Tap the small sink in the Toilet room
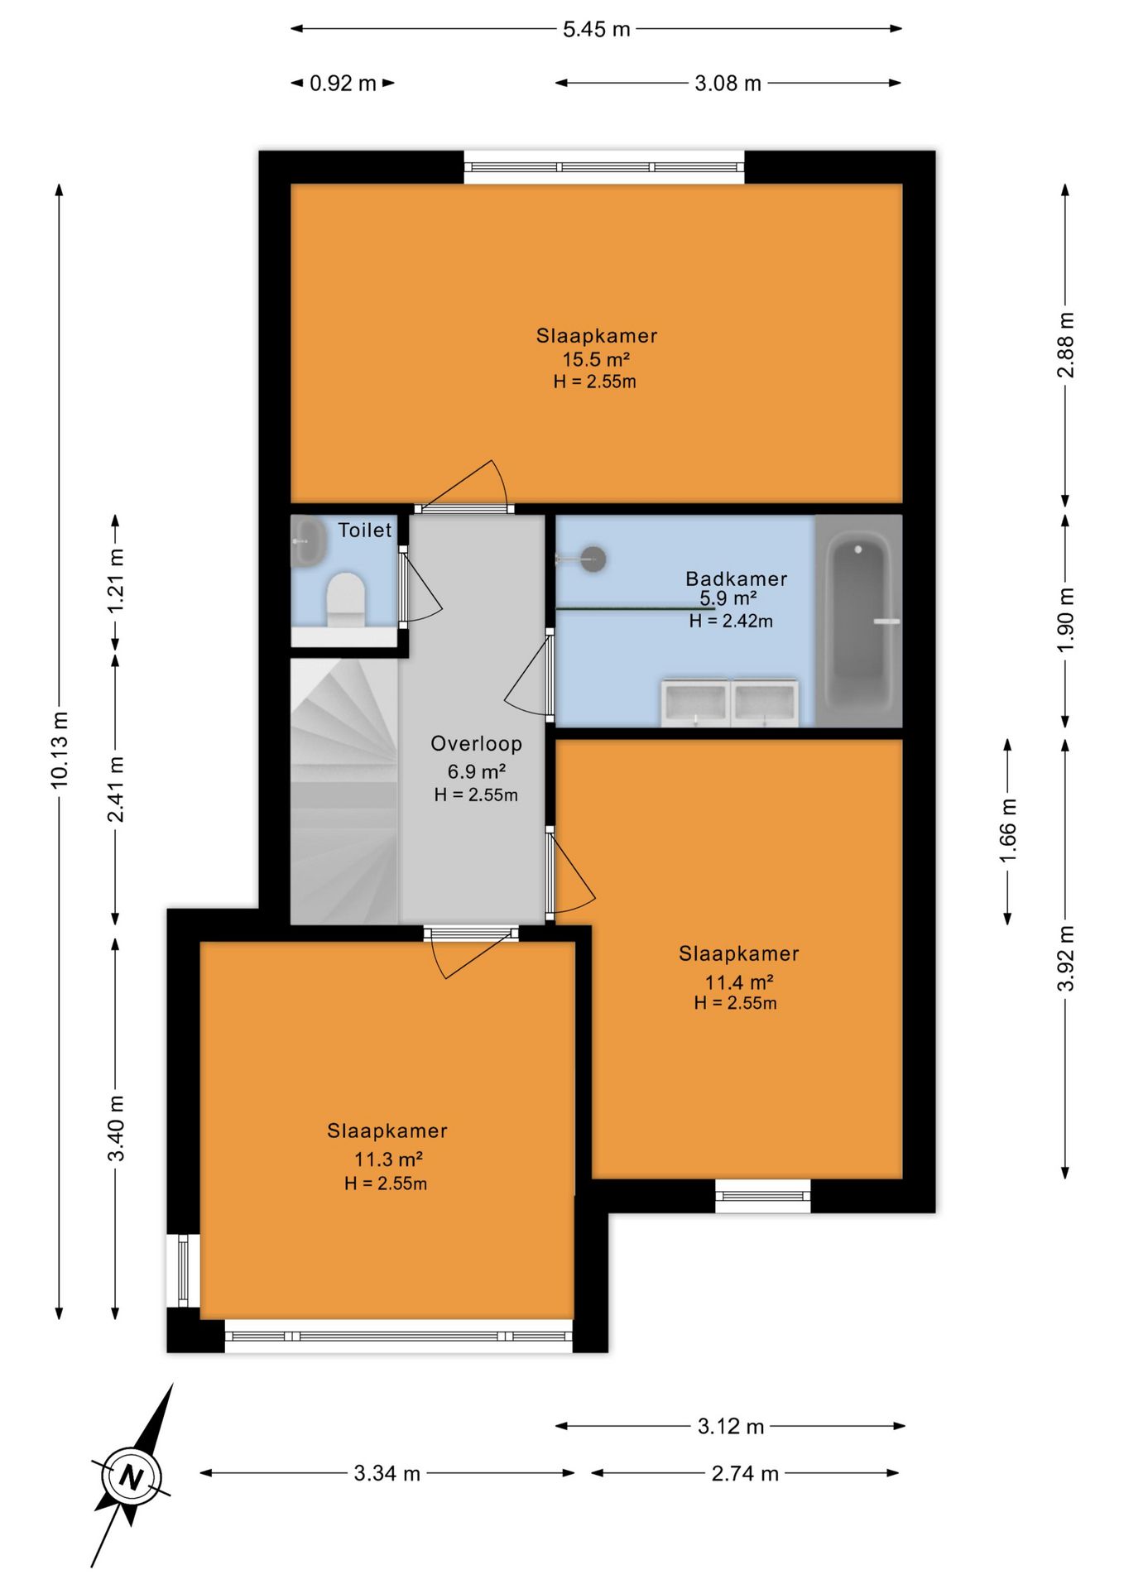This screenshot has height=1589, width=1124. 306,542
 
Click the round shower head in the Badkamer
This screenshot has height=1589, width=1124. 593,559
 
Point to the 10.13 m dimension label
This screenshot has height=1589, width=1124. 60,750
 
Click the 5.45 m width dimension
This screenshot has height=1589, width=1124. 597,30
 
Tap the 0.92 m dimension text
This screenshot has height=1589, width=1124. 343,84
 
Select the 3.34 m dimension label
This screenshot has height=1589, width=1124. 387,1473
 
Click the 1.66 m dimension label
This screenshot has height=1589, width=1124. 1007,830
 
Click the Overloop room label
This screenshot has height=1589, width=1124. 477,743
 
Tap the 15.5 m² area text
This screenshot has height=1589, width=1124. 596,360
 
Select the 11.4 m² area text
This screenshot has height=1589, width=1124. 738,982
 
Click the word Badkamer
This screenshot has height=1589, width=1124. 736,578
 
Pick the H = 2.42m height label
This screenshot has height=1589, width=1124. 731,621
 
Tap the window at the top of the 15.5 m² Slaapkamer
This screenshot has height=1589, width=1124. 604,167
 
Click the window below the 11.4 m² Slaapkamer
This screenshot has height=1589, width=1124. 762,1196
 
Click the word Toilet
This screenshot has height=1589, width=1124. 365,530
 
